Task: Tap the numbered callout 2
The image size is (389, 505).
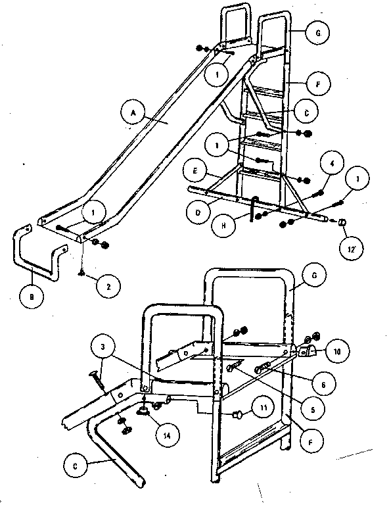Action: pyautogui.click(x=107, y=285)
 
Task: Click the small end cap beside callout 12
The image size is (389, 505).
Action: pyautogui.click(x=342, y=224)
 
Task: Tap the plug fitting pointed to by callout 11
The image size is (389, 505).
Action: pyautogui.click(x=239, y=414)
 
